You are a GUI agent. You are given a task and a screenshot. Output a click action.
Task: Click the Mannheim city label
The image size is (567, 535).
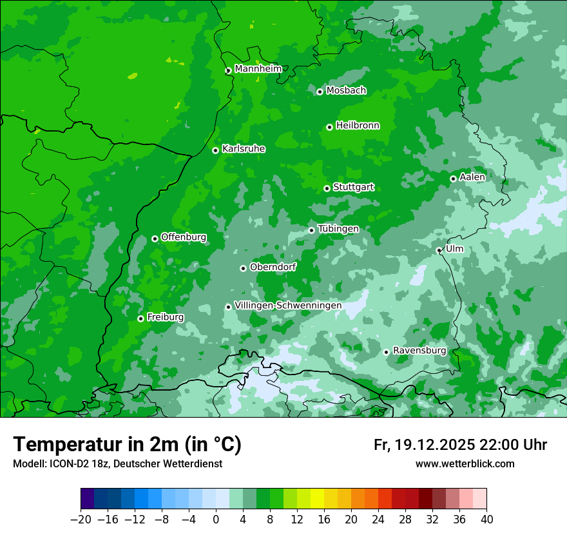click(x=258, y=69)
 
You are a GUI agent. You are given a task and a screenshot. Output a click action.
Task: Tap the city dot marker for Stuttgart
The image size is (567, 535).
click(x=327, y=188)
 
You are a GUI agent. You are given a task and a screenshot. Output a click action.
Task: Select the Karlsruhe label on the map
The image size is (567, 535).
click(x=244, y=149)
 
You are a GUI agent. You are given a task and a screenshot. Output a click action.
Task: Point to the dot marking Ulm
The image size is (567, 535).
click(x=439, y=250)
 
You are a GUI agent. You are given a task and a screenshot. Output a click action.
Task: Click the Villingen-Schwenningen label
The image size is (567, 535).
click(x=288, y=306)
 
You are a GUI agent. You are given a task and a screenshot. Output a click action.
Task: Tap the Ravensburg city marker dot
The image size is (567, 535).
click(x=386, y=352)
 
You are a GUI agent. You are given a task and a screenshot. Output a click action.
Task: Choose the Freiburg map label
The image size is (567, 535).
click(x=165, y=317)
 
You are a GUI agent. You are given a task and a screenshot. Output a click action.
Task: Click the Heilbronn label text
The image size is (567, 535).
click(x=358, y=126)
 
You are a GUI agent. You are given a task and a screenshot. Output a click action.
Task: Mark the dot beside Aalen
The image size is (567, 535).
click(x=453, y=179)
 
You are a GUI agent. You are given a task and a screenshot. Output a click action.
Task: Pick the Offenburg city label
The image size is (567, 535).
click(x=184, y=237)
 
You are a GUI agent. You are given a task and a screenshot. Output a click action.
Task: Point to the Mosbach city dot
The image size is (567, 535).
click(x=320, y=92)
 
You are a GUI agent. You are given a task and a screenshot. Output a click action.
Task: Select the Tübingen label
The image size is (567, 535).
click(x=338, y=229)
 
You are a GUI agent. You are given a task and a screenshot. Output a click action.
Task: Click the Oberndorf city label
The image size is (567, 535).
click(x=273, y=267)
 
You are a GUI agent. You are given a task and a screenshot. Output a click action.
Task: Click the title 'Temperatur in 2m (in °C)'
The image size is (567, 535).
click(x=127, y=445)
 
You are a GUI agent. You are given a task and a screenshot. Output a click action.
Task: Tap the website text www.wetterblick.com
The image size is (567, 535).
click(x=465, y=464)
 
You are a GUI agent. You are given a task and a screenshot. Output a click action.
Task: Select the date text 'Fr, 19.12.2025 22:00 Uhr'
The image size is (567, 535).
click(x=460, y=445)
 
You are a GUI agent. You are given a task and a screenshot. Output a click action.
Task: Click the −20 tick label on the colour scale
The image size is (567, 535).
click(x=81, y=520)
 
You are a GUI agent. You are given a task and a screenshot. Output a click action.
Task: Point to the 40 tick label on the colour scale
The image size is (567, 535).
click(x=486, y=520)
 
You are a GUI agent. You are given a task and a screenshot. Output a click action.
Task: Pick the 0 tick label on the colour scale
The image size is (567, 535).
click(x=216, y=520)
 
